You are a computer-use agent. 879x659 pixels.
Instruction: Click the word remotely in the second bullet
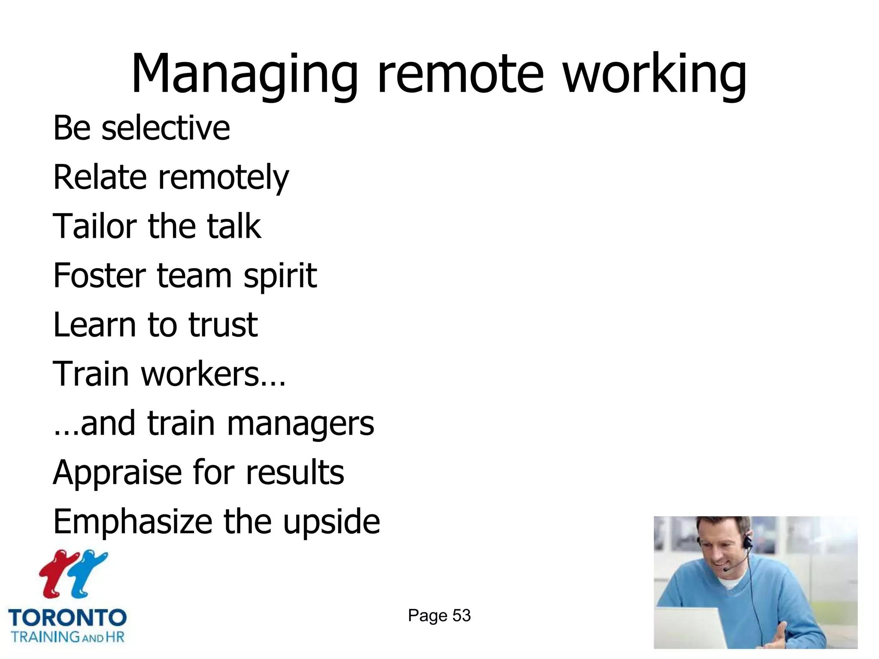(x=223, y=178)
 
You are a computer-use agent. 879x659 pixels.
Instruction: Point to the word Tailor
(x=94, y=226)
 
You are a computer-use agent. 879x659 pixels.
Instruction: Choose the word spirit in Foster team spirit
(x=280, y=276)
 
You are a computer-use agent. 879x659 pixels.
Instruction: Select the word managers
(x=300, y=424)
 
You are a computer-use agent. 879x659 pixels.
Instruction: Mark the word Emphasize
(x=132, y=522)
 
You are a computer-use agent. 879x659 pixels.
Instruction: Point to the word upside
(x=331, y=522)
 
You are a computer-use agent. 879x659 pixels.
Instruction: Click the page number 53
(x=461, y=616)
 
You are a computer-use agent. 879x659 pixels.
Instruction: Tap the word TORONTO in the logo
(x=67, y=618)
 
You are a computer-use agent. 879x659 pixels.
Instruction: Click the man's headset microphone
(x=726, y=570)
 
